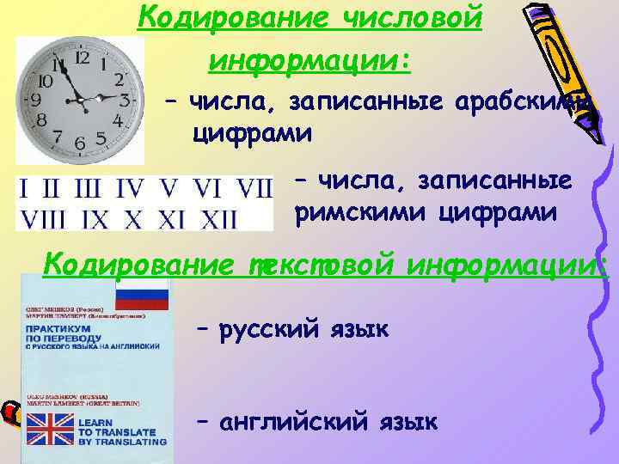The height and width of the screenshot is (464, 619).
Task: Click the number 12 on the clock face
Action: pos(83,58)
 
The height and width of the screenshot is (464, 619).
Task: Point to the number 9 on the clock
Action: pos(36,99)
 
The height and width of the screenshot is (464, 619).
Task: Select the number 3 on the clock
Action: pos(126,99)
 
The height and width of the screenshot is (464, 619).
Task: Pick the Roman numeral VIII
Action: pos(40,220)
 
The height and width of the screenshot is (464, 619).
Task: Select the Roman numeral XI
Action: pos(173,220)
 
